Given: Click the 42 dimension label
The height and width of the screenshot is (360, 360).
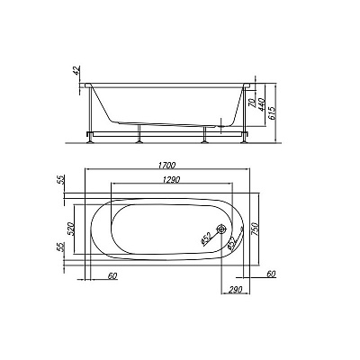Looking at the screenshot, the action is click(76, 70).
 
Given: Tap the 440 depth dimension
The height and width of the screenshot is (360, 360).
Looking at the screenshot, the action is click(260, 103).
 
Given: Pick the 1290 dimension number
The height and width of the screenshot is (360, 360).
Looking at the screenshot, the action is click(171, 179).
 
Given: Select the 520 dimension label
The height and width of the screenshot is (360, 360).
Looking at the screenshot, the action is click(70, 229).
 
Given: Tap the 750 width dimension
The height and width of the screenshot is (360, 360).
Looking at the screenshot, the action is click(255, 229).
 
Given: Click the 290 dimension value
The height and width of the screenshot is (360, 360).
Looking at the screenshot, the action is click(236, 290).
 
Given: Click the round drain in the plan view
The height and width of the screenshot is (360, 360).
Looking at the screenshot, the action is click(221, 229).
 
